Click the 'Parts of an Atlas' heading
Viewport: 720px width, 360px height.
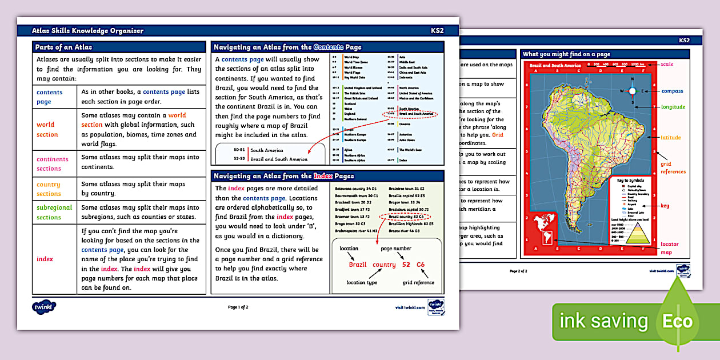pyautogui.click(x=63, y=47)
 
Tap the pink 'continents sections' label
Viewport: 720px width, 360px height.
pyautogui.click(x=52, y=163)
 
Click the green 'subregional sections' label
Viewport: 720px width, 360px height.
pyautogui.click(x=54, y=212)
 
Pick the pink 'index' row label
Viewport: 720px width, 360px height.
pyautogui.click(x=45, y=259)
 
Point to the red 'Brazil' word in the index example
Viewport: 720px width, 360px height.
pyautogui.click(x=358, y=265)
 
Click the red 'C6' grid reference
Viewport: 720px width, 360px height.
pyautogui.click(x=421, y=265)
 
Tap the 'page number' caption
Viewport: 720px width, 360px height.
pyautogui.click(x=397, y=249)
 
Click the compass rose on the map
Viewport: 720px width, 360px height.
pyautogui.click(x=632, y=90)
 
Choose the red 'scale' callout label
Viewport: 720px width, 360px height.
pyautogui.click(x=666, y=64)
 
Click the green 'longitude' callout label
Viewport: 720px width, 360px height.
pyautogui.click(x=673, y=107)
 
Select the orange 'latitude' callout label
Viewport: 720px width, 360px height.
pyautogui.click(x=671, y=138)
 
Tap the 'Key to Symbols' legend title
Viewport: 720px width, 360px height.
pyautogui.click(x=630, y=181)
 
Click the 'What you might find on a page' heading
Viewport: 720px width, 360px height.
pyautogui.click(x=566, y=54)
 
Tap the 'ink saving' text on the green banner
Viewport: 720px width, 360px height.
pyautogui.click(x=604, y=321)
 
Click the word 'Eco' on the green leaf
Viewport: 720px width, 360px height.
pyautogui.click(x=677, y=321)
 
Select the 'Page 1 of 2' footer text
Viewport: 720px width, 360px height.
pyautogui.click(x=238, y=307)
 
